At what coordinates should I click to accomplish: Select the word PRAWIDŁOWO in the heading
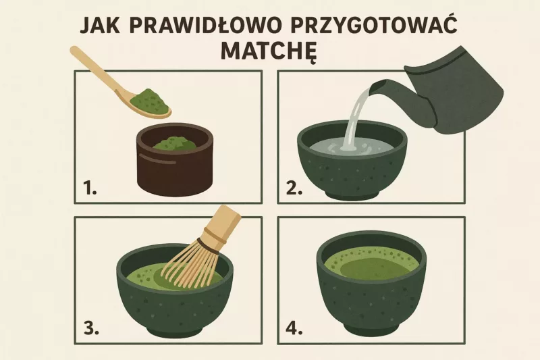[x=205, y=25]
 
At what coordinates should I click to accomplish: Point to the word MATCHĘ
[x=268, y=52]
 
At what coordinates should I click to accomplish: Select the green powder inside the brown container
[x=175, y=143]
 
